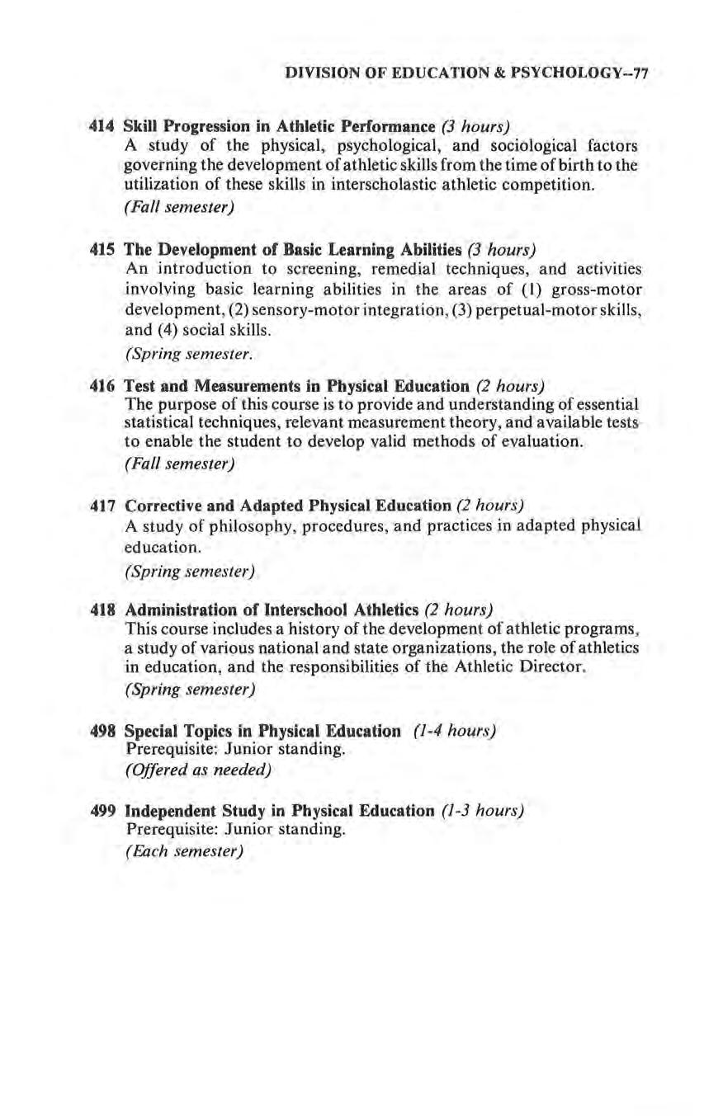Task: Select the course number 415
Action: click(102, 249)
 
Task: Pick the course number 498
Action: click(102, 731)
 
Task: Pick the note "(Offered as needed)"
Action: click(198, 770)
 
